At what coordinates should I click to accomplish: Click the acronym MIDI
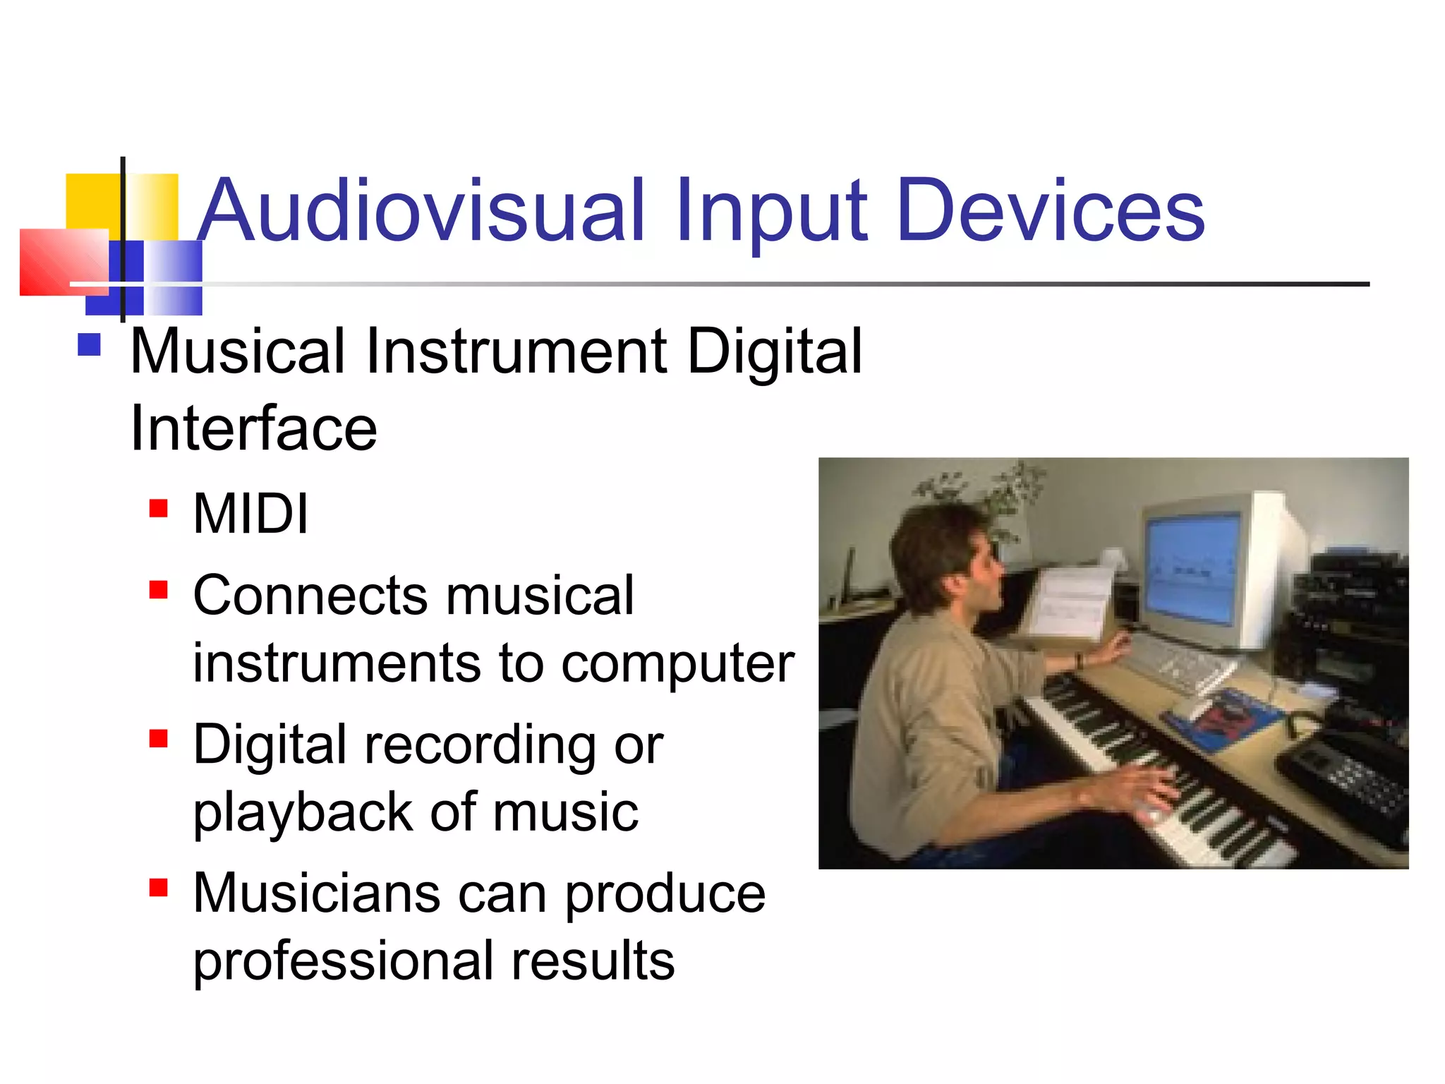point(250,514)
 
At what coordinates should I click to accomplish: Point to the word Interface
point(253,428)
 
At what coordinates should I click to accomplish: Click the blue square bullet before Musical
point(89,345)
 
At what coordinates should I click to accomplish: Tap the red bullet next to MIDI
point(159,509)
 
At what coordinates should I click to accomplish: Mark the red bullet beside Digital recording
point(159,738)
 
